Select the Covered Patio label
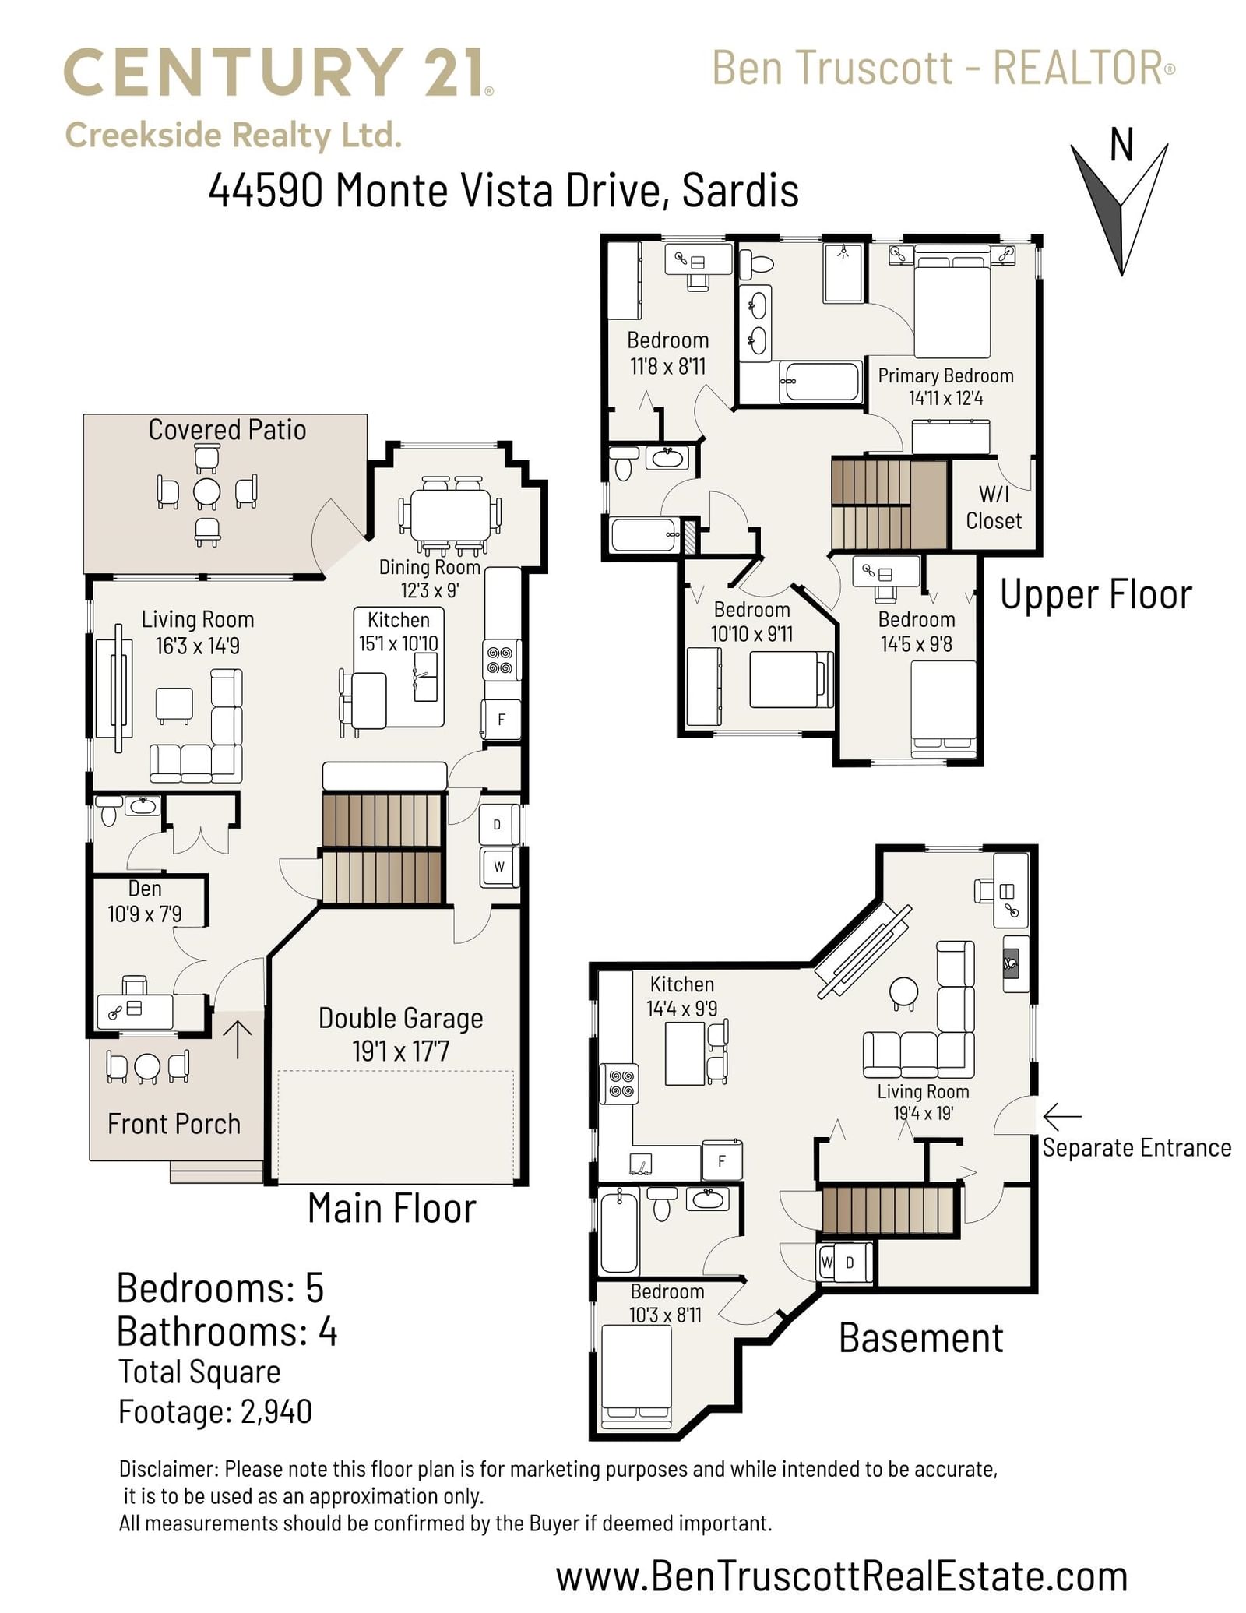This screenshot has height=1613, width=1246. coord(227,430)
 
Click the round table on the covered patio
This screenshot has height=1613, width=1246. coord(207,492)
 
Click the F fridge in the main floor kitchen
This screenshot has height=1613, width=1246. coord(501,719)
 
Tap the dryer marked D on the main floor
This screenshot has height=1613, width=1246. coord(498,825)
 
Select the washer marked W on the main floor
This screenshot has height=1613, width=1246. coord(499,867)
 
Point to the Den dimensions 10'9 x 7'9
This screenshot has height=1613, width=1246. coord(145,914)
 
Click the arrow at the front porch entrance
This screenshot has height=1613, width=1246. coord(238,1040)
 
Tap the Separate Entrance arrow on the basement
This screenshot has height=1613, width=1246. coord(1061,1117)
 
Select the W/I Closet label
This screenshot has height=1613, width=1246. coord(994,507)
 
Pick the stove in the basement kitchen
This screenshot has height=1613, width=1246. coord(620,1083)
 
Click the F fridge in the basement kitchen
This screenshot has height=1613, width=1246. coord(722,1161)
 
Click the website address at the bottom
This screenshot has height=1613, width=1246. coord(842,1576)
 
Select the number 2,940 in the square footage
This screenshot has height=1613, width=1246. coord(276,1411)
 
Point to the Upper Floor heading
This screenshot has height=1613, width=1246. coord(1096,595)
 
